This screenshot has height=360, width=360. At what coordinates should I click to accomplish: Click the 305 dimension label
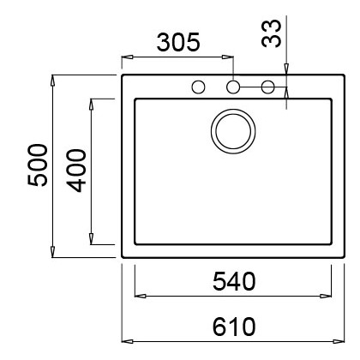pos(178,42)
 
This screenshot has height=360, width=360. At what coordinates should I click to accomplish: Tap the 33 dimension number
pos(272,33)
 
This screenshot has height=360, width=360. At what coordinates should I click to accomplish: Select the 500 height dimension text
pos(37,165)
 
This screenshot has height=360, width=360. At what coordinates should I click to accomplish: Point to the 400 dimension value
pos(76,171)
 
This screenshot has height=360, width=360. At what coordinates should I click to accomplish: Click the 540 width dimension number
pos(234,281)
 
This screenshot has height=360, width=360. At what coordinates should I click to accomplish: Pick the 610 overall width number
pos(234,327)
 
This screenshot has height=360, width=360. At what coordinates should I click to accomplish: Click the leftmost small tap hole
pos(198,87)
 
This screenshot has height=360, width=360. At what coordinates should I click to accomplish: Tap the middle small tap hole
pos(233,87)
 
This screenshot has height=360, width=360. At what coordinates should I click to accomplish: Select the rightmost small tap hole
pos(268,87)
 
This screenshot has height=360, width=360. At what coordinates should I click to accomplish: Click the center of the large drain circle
pos(233,131)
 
